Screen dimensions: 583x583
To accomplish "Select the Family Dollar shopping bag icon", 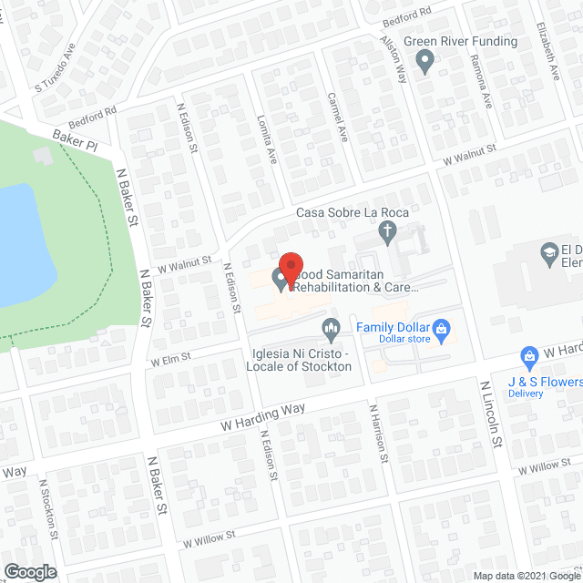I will coord(441,326).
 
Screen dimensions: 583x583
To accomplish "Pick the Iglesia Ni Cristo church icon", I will coord(331,326).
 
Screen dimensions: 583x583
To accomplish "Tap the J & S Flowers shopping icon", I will coord(527,355).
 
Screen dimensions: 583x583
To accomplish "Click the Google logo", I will coord(29,572).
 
